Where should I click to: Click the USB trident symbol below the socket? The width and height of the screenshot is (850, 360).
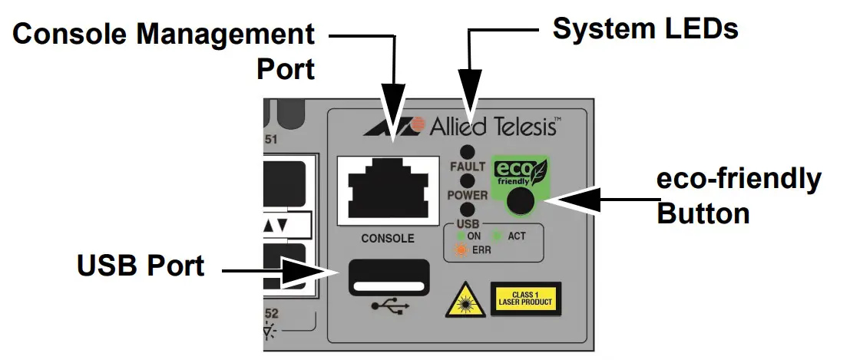390,305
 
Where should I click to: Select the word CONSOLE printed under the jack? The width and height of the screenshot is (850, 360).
388,238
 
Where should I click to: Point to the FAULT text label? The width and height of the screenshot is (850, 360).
467,166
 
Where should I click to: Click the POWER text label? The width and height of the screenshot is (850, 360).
467,196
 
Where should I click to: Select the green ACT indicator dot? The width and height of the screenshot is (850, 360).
497,236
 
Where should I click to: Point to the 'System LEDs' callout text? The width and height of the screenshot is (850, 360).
645,29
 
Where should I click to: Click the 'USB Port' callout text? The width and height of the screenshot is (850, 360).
141,266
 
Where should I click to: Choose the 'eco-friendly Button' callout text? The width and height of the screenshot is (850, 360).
737,196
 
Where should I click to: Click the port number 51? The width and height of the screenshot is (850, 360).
270,140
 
